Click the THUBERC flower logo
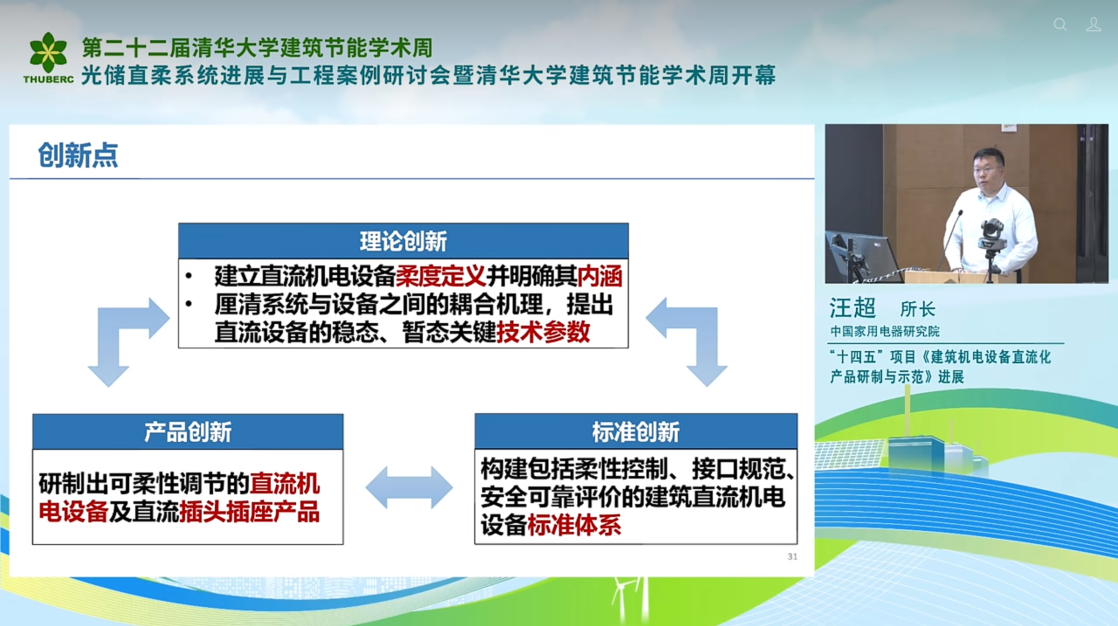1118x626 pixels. click(48, 52)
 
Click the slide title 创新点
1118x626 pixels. click(78, 155)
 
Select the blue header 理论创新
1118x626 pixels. click(403, 241)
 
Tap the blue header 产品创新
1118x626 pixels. click(188, 431)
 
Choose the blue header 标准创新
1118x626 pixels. click(636, 431)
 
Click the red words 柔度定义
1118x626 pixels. click(440, 276)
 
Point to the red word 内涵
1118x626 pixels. click(600, 276)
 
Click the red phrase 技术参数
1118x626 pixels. click(543, 332)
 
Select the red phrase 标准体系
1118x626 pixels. click(574, 525)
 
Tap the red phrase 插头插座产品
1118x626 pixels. click(250, 511)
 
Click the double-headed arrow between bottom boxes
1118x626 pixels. click(409, 487)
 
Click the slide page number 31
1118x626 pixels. click(792, 556)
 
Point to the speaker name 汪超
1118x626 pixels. click(852, 308)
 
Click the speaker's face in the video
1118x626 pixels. click(988, 170)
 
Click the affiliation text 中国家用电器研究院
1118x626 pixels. click(885, 331)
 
